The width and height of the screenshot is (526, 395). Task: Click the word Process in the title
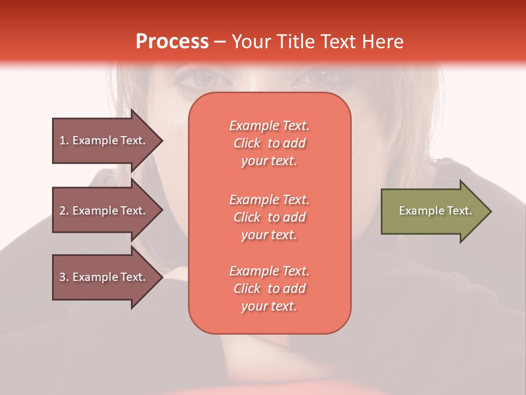pyautogui.click(x=172, y=42)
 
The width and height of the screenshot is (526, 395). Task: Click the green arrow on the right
pyautogui.click(x=433, y=211)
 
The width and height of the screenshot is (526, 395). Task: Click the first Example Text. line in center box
pyautogui.click(x=269, y=126)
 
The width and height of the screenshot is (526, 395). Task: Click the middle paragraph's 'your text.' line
pyautogui.click(x=269, y=235)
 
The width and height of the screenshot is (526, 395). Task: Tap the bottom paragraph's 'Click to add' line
pyautogui.click(x=269, y=289)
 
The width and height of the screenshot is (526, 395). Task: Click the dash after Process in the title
pyautogui.click(x=220, y=42)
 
